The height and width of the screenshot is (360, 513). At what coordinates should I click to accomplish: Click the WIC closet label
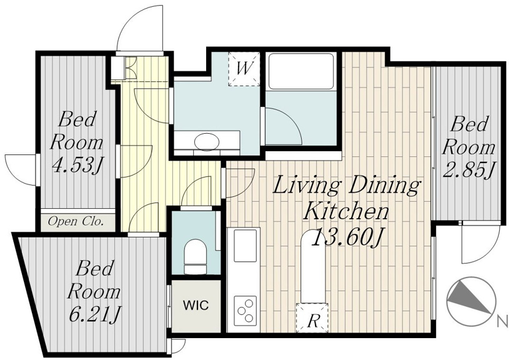[196, 306]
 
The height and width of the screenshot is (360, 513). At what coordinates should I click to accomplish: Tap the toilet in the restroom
[196, 257]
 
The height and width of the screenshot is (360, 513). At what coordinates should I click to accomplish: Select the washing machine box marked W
[244, 69]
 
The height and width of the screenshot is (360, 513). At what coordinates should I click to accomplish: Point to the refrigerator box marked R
[312, 317]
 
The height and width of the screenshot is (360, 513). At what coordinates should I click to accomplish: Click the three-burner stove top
[246, 309]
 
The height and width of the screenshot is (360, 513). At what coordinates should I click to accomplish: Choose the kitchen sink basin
[246, 246]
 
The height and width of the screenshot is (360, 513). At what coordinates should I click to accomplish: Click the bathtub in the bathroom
[301, 71]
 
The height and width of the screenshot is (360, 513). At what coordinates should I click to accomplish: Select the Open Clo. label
[76, 222]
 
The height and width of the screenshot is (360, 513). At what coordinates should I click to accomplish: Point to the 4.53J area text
[77, 165]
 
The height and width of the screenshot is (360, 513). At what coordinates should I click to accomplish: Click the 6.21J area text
[95, 314]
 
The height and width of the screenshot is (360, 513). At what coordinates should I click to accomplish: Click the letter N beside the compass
[502, 321]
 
